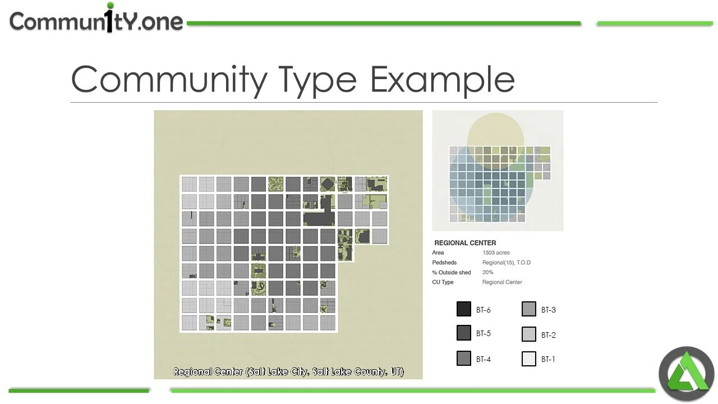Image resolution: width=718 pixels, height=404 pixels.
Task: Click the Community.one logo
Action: [x=96, y=21]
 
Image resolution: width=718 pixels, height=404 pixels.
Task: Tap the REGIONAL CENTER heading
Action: [x=465, y=243]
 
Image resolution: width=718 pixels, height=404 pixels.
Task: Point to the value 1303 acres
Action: [x=496, y=253]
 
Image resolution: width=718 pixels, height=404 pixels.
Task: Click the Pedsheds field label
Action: [x=444, y=263]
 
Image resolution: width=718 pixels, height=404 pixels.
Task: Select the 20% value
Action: [x=487, y=272]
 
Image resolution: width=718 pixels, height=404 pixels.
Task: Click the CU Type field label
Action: [x=443, y=282]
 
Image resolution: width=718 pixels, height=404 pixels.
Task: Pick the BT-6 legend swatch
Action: [x=464, y=309]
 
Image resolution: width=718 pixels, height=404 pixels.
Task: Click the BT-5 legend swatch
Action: [x=464, y=333]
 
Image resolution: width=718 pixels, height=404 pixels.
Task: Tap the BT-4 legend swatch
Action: [x=464, y=359]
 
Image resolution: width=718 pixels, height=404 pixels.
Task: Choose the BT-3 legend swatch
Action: [x=529, y=309]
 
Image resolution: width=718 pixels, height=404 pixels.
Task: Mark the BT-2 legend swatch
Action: [x=529, y=334]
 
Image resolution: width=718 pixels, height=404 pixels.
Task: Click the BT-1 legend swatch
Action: [x=529, y=359]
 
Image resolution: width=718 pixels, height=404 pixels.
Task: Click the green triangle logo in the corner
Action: [x=686, y=374]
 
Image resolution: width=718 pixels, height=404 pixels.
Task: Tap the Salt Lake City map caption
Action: [x=288, y=371]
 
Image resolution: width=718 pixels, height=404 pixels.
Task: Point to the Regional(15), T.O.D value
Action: [x=507, y=263]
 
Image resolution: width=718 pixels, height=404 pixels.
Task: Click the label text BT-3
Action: [x=549, y=310]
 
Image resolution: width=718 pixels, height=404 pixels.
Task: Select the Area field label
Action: [x=438, y=253]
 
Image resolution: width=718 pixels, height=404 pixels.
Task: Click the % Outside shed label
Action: [x=452, y=272]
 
